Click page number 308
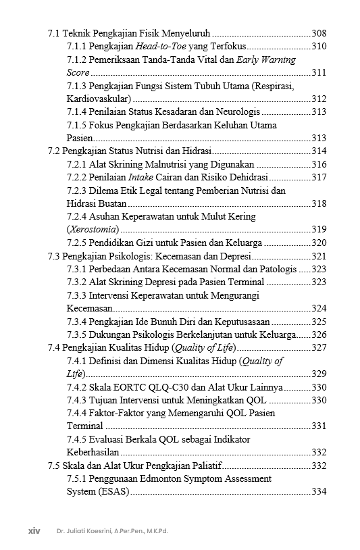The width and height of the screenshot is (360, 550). tap(319, 33)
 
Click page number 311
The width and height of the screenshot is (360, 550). tap(319, 72)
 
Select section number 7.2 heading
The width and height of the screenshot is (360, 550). tap(54, 151)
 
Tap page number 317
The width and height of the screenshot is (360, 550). tap(319, 177)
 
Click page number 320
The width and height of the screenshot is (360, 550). tap(319, 243)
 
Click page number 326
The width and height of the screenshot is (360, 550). tap(319, 334)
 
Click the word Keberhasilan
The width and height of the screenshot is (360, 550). tap(93, 453)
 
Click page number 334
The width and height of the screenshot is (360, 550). tap(319, 492)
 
